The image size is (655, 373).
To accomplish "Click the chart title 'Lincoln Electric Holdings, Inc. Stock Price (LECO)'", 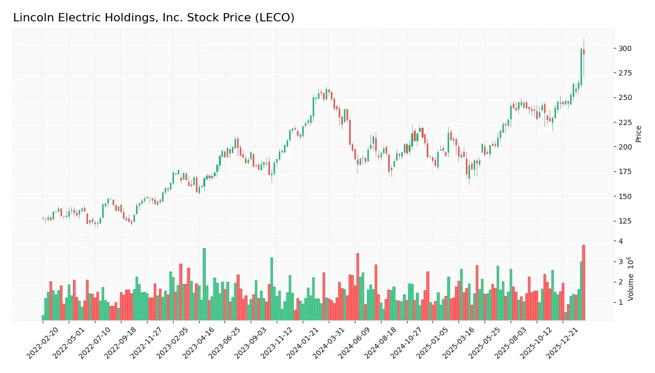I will [x=154, y=18].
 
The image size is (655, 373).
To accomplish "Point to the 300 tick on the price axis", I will [x=625, y=48].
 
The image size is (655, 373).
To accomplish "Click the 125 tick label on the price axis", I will [x=625, y=221].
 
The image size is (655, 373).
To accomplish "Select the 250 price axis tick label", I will [x=625, y=98].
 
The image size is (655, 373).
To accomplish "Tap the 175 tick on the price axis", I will [x=625, y=172].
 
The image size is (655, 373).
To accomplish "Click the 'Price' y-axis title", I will [x=638, y=134].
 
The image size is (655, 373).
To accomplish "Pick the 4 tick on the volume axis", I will [x=621, y=241].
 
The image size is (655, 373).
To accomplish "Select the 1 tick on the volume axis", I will [x=621, y=302].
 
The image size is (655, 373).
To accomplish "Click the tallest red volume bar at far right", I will [x=584, y=282].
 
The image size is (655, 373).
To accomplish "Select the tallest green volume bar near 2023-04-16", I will [x=204, y=284].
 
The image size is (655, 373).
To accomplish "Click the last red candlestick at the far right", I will [x=584, y=52].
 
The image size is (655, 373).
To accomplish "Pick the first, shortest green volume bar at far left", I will [x=43, y=318].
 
